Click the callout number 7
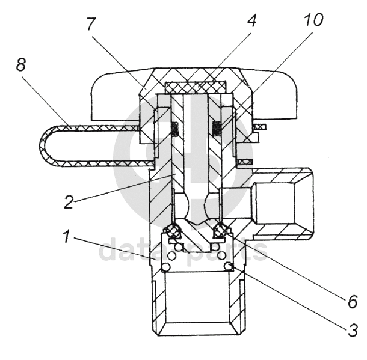pyautogui.click(x=91, y=24)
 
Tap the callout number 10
pyautogui.click(x=313, y=19)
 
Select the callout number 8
pyautogui.click(x=21, y=64)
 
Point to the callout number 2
pyautogui.click(x=69, y=201)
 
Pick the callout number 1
pyautogui.click(x=67, y=236)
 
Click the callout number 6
pyautogui.click(x=353, y=301)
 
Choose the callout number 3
pyautogui.click(x=353, y=331)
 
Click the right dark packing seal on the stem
pyautogui.click(x=217, y=129)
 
